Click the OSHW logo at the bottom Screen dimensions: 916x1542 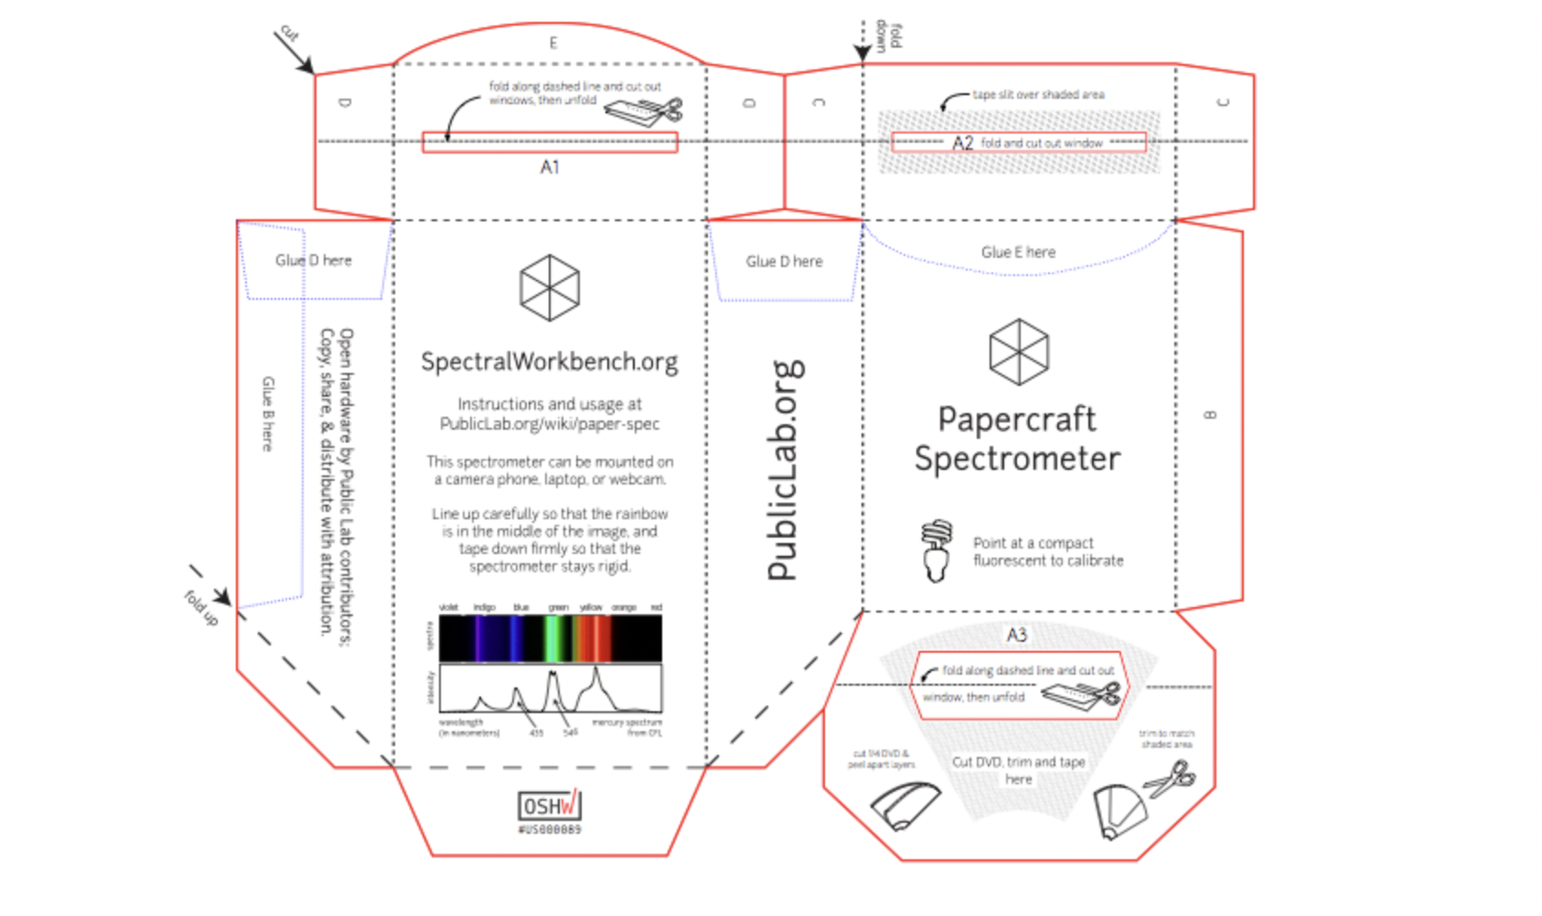click(550, 804)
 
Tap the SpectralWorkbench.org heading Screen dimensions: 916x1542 click(550, 362)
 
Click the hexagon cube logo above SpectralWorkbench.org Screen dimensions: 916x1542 click(550, 288)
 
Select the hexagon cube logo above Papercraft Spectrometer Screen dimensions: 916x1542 click(1019, 352)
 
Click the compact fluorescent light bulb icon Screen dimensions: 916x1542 click(936, 550)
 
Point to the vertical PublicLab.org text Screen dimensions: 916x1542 click(785, 471)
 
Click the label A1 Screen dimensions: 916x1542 click(550, 167)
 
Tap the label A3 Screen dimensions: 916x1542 click(1017, 634)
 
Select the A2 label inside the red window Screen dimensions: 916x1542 click(962, 143)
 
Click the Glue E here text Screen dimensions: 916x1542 click(1018, 252)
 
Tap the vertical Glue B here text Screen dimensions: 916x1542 click(268, 414)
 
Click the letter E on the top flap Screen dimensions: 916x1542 click(553, 43)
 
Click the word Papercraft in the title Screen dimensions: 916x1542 click(1017, 420)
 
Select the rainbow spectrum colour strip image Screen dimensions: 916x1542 click(550, 638)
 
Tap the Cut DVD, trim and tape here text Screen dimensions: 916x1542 click(1018, 770)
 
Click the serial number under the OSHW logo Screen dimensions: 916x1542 click(550, 830)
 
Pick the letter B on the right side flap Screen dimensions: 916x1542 click(1210, 415)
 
